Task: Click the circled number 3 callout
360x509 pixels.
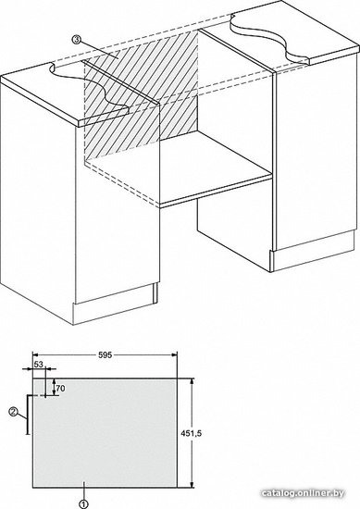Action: coord(76,40)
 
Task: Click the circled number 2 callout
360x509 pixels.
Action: coord(14,412)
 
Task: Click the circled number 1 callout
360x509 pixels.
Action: coord(83,504)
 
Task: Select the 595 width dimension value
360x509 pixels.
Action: coord(105,355)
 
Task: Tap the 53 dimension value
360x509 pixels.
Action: coord(38,365)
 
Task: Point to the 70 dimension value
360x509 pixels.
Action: coord(60,388)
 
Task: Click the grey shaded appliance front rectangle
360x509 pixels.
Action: coord(105,433)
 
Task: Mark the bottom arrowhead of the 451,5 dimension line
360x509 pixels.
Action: coord(192,484)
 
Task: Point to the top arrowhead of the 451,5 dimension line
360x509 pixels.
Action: coord(192,382)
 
